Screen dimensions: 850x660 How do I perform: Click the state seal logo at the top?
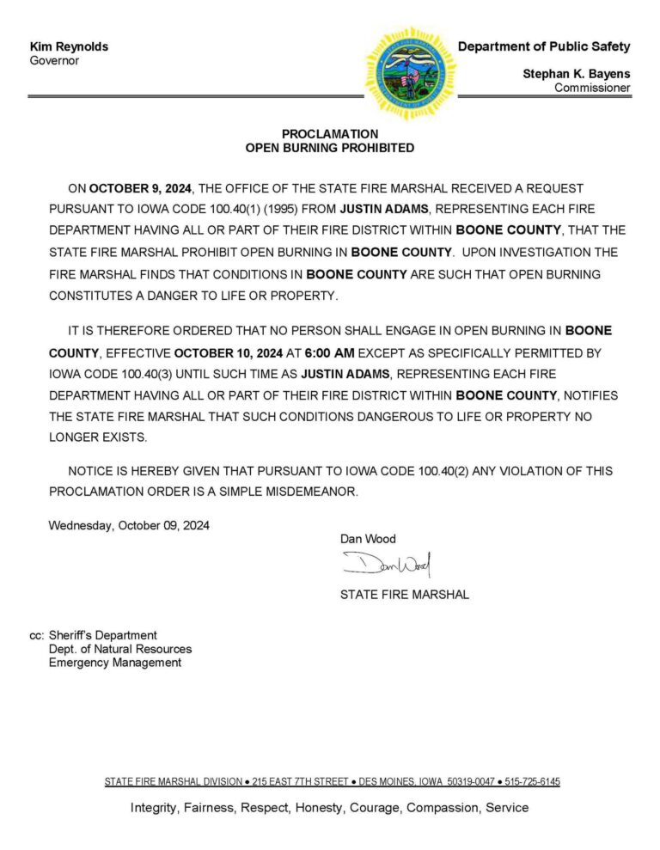[x=411, y=73]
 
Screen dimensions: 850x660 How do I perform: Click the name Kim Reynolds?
[x=69, y=46]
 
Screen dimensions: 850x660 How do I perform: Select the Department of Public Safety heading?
[x=544, y=46]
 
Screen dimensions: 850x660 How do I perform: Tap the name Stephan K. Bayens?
[x=576, y=74]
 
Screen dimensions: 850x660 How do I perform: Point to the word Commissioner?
[x=592, y=88]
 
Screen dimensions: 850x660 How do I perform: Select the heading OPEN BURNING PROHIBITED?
[x=330, y=148]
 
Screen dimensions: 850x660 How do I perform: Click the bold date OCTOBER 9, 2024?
[x=143, y=187]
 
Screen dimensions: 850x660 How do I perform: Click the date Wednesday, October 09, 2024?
[x=129, y=525]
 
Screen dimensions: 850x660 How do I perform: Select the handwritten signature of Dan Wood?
[x=387, y=566]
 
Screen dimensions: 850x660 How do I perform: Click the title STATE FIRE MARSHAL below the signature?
[x=405, y=595]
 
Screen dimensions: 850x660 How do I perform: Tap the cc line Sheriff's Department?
[x=102, y=635]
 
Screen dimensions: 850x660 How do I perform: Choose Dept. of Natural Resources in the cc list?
[x=119, y=649]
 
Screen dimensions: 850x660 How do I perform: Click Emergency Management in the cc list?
[x=114, y=663]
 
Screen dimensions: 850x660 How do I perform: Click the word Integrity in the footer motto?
[x=154, y=808]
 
